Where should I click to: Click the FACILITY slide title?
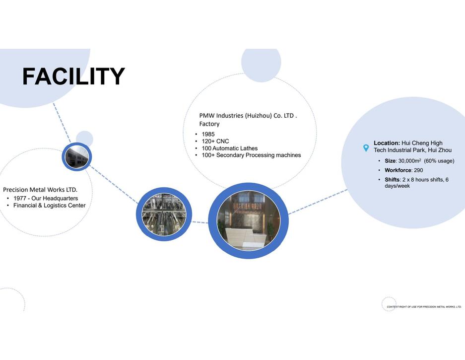tap(73, 76)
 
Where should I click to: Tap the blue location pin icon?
tap(366, 148)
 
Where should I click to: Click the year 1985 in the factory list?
tap(208, 134)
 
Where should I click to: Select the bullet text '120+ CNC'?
tap(215, 142)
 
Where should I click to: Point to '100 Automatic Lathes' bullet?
tap(230, 148)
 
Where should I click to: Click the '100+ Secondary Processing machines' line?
tap(251, 155)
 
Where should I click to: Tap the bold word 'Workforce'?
tap(398, 170)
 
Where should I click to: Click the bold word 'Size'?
tap(390, 161)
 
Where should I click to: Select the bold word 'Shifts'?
tap(392, 180)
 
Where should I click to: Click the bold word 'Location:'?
tap(387, 143)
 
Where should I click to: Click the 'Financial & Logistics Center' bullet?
tap(49, 206)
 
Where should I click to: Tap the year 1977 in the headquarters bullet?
tap(19, 198)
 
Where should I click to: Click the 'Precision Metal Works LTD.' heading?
tap(40, 190)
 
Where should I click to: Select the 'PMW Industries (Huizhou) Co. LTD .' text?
tap(248, 116)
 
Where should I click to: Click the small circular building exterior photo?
tap(77, 157)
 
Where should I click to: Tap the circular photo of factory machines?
tap(164, 214)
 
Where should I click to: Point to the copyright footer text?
tap(424, 307)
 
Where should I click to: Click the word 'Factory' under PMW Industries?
tap(209, 124)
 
